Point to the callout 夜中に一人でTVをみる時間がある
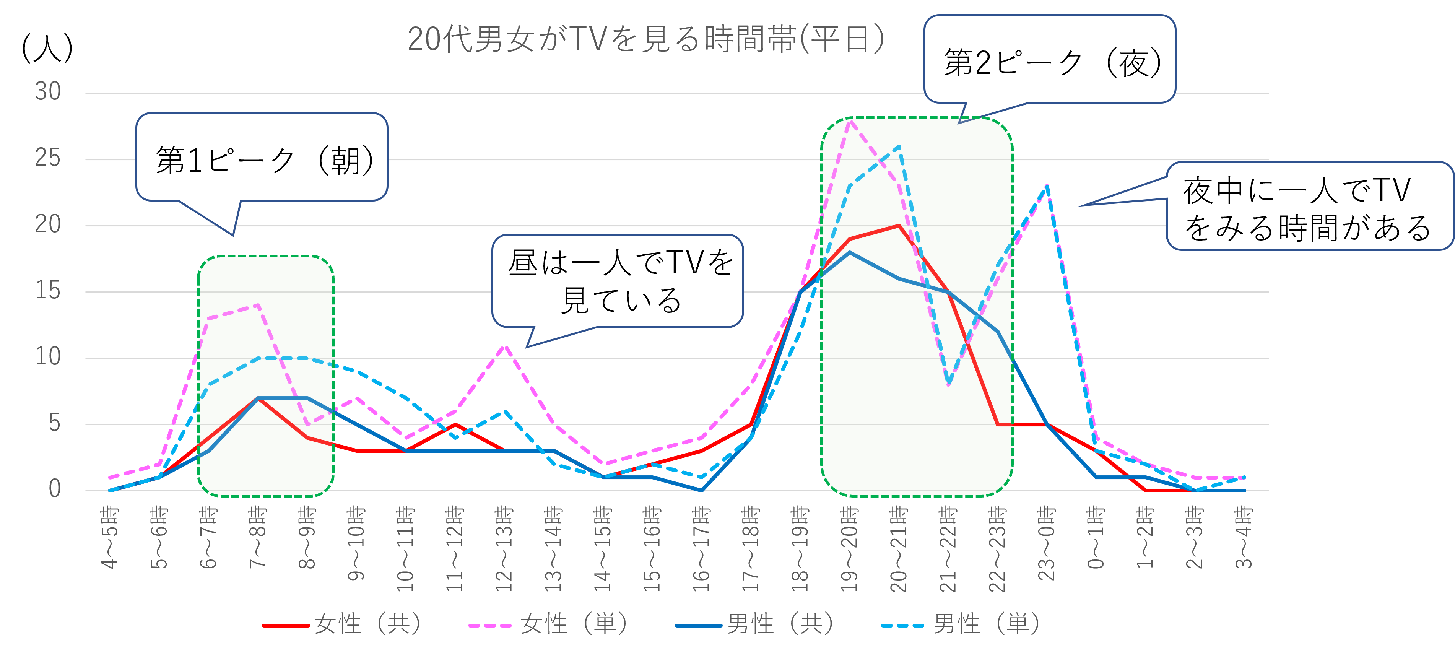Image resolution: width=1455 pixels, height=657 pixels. [1308, 207]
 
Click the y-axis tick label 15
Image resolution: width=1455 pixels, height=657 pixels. [48, 291]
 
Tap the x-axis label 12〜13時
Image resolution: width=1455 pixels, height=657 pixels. [504, 548]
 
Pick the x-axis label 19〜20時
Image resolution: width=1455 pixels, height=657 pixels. [849, 548]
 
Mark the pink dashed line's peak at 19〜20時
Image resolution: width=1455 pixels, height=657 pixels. [850, 120]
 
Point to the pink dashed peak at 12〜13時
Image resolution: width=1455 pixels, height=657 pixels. [504, 345]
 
